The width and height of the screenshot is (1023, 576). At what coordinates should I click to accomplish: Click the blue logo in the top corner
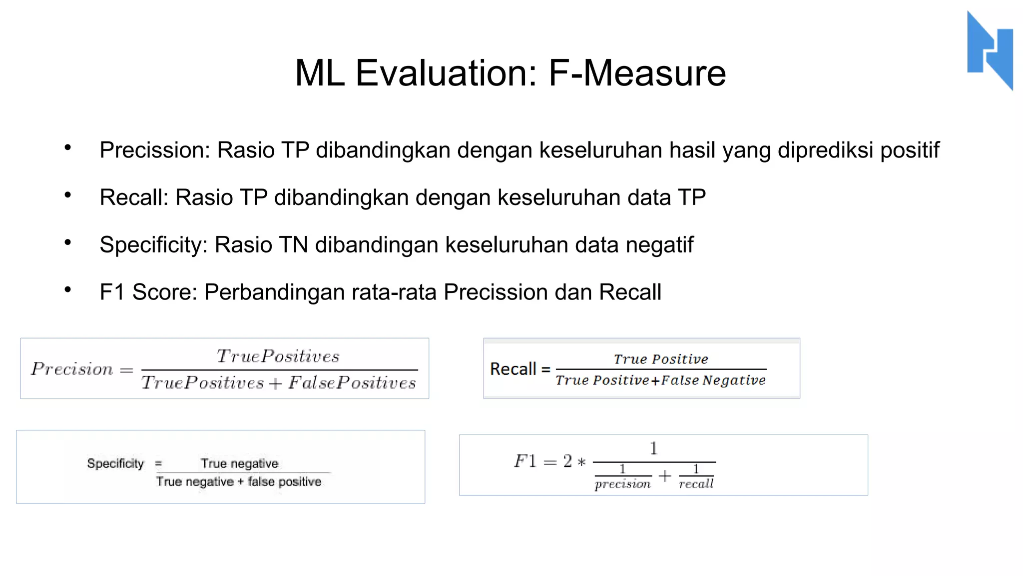pos(990,50)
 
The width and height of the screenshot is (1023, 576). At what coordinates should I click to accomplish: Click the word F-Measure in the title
pos(637,73)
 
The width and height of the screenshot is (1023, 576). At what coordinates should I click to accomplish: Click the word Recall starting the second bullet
pos(134,197)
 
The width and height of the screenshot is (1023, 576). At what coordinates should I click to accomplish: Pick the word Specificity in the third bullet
pos(153,245)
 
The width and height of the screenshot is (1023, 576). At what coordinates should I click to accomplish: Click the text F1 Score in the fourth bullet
pos(148,292)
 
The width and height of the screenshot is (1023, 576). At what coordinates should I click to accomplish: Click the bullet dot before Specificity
pos(68,242)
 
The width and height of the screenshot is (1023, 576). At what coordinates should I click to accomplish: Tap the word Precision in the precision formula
pos(72,369)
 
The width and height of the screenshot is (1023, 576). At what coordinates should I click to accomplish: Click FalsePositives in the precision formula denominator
pos(352,383)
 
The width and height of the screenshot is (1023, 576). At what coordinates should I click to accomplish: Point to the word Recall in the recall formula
pos(513,369)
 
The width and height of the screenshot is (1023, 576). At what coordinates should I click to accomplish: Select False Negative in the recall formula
pos(713,380)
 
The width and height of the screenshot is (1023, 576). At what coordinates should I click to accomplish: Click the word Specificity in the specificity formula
pos(115,463)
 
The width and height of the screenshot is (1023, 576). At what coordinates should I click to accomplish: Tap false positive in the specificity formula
pos(284,481)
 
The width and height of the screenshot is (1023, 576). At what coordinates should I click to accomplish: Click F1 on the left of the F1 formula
pos(525,460)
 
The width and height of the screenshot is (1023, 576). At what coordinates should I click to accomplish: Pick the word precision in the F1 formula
pos(623,484)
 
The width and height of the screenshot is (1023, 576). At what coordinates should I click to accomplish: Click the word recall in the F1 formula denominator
pos(696,484)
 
